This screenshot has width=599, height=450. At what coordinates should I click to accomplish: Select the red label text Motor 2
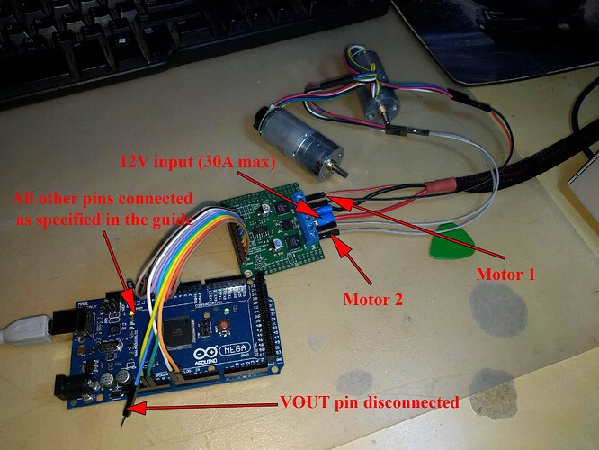tap(371, 296)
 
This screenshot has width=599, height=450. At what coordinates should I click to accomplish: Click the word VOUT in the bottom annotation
tap(305, 402)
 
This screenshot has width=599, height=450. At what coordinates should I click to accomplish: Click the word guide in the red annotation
tap(169, 219)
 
